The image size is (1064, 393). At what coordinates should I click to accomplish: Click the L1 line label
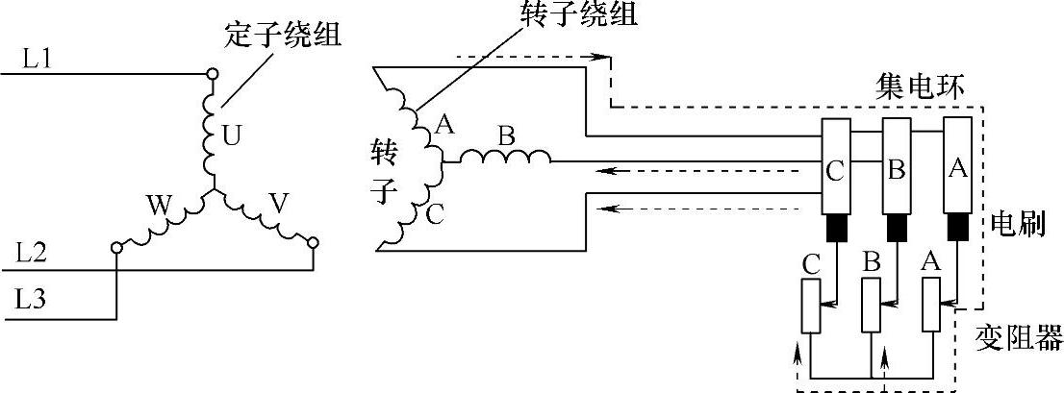[38, 60]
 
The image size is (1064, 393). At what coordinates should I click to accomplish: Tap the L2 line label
[39, 255]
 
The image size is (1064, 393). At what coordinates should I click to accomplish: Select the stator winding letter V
[279, 203]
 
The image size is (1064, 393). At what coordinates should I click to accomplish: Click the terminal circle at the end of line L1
[213, 73]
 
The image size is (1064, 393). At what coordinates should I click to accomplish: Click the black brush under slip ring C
[835, 228]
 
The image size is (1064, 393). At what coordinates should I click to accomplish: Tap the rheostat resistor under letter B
[872, 306]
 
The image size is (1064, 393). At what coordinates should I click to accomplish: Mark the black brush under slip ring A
[957, 228]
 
